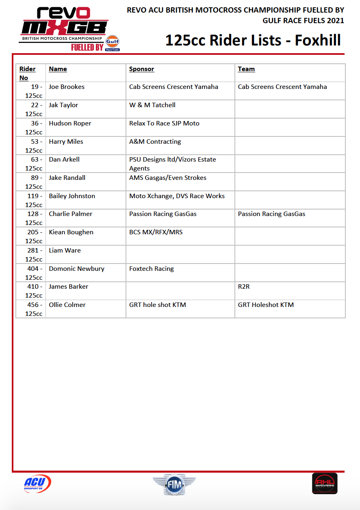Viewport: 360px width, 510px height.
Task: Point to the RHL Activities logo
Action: pyautogui.click(x=325, y=484)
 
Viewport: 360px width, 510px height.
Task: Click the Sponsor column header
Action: pyautogui.click(x=141, y=69)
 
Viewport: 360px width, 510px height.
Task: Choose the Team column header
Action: pyautogui.click(x=246, y=69)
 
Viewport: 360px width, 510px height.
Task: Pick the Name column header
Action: pyautogui.click(x=58, y=69)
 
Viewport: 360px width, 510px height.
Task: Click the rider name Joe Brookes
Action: pyautogui.click(x=67, y=87)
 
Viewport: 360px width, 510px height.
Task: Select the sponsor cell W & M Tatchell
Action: pyautogui.click(x=152, y=105)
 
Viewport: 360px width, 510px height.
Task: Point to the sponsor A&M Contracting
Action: pyautogui.click(x=155, y=142)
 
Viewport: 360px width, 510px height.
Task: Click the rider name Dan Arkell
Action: pyautogui.click(x=64, y=160)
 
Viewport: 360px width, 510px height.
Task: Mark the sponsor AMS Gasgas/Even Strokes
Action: pyautogui.click(x=168, y=178)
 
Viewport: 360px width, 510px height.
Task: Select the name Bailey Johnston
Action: pyautogui.click(x=72, y=196)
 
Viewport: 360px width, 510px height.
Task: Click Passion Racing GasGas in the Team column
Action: pyautogui.click(x=271, y=214)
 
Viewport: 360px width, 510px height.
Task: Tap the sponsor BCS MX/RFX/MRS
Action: pyautogui.click(x=156, y=232)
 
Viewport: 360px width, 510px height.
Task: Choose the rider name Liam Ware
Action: pyautogui.click(x=65, y=251)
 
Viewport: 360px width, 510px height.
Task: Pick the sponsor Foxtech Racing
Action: pyautogui.click(x=152, y=269)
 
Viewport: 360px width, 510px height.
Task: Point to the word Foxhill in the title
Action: pyautogui.click(x=318, y=41)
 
